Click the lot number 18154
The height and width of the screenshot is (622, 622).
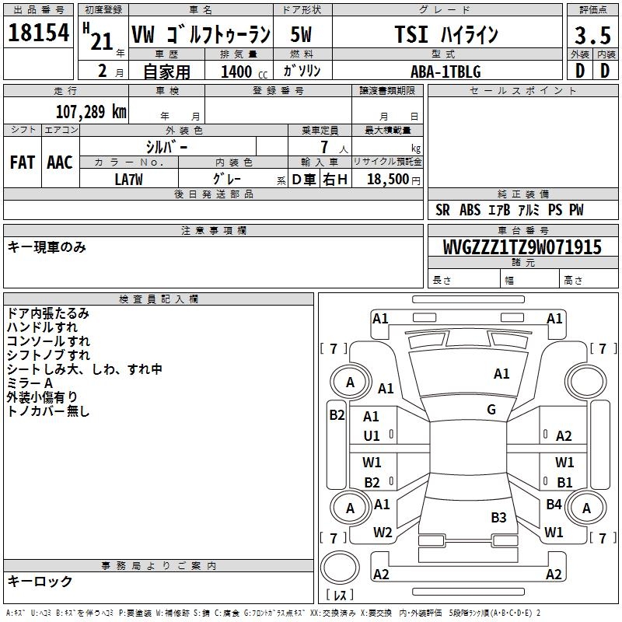click(38, 33)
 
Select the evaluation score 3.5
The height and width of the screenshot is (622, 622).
click(592, 35)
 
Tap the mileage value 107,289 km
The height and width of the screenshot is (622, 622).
click(91, 112)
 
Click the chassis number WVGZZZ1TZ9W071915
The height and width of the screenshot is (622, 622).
click(522, 247)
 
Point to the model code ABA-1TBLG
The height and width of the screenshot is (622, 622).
click(446, 72)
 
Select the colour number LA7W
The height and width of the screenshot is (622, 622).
click(128, 180)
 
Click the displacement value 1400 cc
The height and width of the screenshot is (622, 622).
click(244, 72)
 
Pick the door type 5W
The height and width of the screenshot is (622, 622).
click(301, 34)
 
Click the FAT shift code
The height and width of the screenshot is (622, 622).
click(23, 162)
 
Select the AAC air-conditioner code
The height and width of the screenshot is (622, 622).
click(60, 162)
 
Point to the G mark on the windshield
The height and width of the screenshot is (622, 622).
click(491, 409)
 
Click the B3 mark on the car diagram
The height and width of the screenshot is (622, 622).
click(498, 518)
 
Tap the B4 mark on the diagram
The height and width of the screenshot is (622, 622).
click(554, 504)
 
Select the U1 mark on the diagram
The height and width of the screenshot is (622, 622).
click(372, 436)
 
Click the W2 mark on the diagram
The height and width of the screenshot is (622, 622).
click(383, 533)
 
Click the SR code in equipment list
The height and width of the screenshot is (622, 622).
click(442, 210)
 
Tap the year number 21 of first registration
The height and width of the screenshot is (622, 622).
click(102, 41)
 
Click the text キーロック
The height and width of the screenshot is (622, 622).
click(40, 582)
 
